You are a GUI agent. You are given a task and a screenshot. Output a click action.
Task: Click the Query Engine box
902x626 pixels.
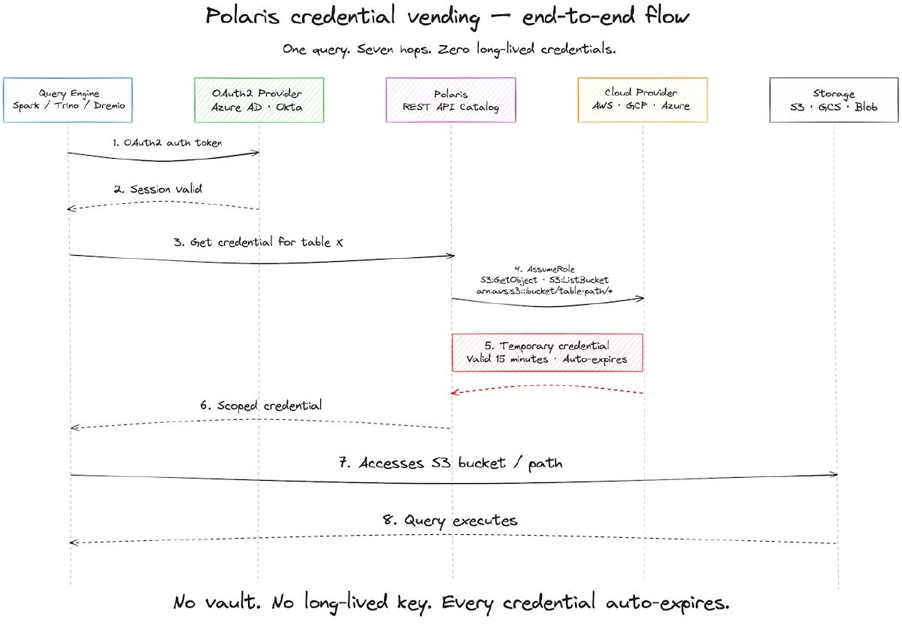click(68, 100)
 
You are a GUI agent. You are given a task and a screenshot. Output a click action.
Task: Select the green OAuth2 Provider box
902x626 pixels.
click(259, 100)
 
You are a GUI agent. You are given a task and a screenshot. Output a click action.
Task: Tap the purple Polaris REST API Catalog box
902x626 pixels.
click(451, 100)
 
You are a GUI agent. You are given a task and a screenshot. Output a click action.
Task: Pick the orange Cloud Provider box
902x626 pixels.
click(643, 100)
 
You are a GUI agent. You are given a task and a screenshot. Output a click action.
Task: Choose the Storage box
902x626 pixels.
click(834, 100)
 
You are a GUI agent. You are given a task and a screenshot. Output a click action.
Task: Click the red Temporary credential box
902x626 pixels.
click(547, 352)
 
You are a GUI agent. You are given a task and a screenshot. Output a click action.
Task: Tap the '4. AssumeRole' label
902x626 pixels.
click(549, 269)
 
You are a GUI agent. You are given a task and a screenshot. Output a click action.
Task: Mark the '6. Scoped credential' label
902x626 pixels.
click(262, 405)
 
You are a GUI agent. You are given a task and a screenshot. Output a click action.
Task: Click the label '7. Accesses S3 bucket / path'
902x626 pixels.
click(450, 463)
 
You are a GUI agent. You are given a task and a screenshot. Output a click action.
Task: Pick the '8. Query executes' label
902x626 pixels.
click(450, 520)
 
